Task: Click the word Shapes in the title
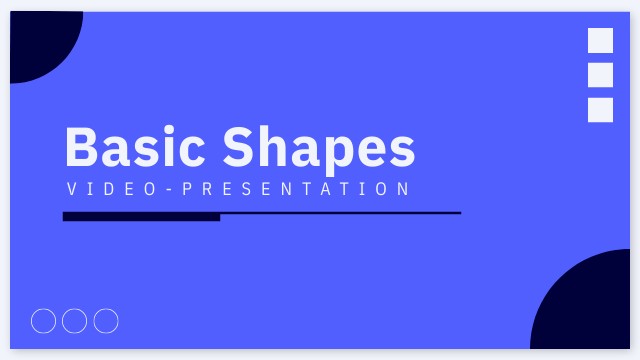click(x=319, y=148)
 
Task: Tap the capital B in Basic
click(x=83, y=147)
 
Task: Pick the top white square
click(x=600, y=40)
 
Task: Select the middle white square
click(x=600, y=75)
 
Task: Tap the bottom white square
click(x=600, y=110)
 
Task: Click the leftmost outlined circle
click(x=44, y=321)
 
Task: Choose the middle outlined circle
click(x=75, y=321)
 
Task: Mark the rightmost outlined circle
click(x=106, y=321)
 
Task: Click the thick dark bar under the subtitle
click(x=141, y=216)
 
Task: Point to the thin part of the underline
click(x=340, y=213)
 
